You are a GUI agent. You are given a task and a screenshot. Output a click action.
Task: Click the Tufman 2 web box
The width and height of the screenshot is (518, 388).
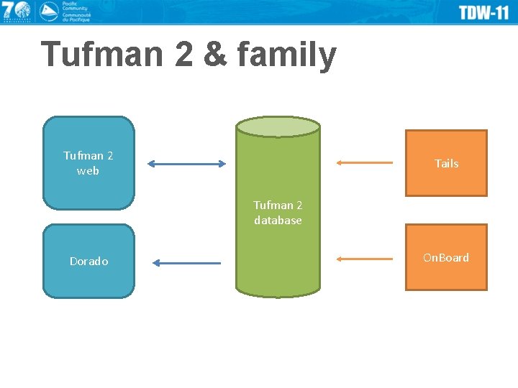click(88, 163)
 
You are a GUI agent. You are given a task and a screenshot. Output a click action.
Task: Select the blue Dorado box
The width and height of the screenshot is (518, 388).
click(88, 261)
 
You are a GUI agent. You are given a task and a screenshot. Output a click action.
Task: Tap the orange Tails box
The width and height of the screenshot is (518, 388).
click(446, 163)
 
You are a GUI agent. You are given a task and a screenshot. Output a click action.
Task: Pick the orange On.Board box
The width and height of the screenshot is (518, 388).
click(446, 257)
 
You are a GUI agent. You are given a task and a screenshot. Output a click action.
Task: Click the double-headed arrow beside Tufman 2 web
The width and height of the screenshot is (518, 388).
click(187, 164)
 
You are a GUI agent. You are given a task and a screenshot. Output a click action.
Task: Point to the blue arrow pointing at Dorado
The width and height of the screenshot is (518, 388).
click(187, 263)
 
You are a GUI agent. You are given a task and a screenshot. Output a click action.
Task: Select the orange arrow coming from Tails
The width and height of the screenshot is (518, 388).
click(365, 162)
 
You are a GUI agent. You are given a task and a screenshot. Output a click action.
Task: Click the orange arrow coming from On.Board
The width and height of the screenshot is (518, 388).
click(365, 258)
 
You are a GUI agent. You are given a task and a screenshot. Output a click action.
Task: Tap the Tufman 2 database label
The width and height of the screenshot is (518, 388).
click(278, 213)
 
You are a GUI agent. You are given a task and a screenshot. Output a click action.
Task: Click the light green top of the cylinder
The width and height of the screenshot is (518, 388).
click(278, 127)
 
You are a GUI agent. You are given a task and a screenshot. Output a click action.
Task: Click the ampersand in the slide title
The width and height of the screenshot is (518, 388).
click(214, 55)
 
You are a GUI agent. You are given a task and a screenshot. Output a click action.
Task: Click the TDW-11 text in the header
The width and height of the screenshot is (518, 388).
click(484, 12)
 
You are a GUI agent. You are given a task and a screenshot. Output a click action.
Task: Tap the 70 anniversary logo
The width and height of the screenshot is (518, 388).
click(16, 11)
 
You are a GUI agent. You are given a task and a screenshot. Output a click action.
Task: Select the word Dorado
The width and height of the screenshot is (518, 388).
click(88, 262)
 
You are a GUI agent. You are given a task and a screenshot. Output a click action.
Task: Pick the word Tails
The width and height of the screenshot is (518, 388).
click(446, 164)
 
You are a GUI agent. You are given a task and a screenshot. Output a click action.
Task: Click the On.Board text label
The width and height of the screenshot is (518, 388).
click(446, 257)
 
